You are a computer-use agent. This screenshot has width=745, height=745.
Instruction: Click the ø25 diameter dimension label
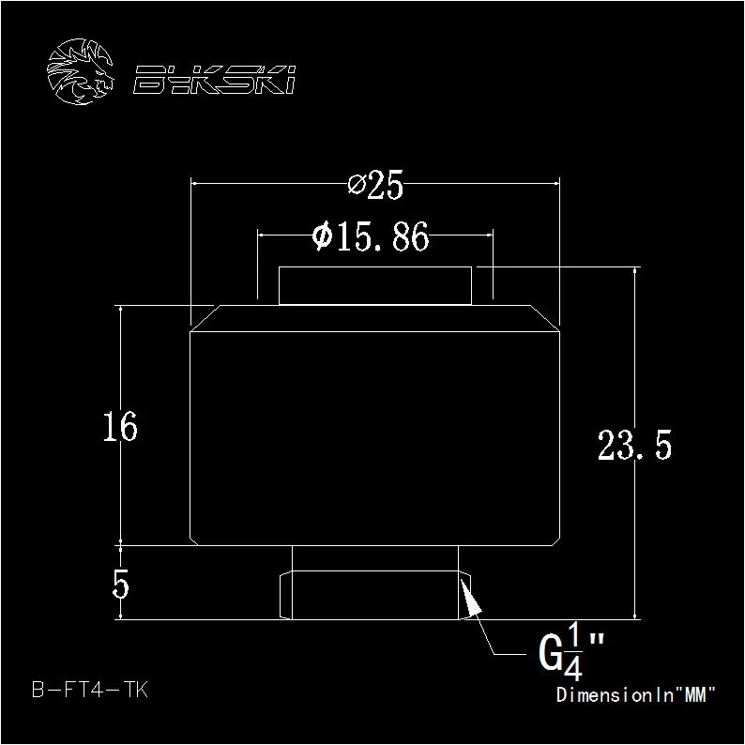[x=375, y=184]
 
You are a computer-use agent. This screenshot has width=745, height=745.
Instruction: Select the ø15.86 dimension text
[x=371, y=236]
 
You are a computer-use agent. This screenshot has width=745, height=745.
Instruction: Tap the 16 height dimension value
[x=120, y=427]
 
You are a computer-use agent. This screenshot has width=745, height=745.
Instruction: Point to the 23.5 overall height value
[x=634, y=445]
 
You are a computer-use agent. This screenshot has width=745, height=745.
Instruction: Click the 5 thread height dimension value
[x=120, y=584]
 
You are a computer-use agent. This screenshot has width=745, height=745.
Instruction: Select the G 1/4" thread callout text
[x=571, y=653]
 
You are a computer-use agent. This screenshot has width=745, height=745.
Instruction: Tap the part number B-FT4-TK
[x=90, y=690]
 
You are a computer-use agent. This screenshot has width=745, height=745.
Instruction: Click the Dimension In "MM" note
[x=635, y=694]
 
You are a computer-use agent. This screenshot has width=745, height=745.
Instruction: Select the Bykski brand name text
[x=214, y=80]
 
